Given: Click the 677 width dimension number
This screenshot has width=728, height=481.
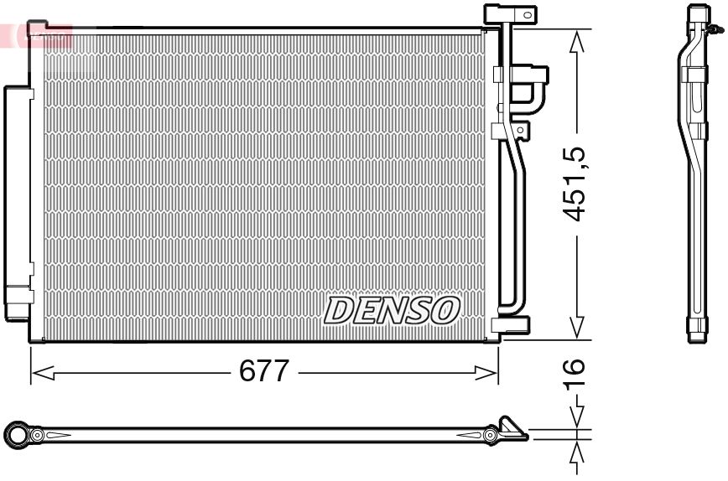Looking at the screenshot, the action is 263,370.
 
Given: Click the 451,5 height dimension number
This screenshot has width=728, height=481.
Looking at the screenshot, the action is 574,184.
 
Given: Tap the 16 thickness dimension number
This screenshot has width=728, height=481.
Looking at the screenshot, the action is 574,374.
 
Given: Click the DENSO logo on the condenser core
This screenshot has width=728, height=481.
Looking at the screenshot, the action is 392,310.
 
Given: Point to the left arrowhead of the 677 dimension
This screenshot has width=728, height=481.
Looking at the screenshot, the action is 43,372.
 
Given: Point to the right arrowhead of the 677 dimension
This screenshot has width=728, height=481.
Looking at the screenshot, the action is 486,372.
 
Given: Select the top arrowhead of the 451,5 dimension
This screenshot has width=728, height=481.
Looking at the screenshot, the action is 577,41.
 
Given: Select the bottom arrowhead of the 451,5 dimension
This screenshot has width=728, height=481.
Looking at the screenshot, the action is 577,328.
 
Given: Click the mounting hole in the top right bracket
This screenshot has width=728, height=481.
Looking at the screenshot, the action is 527,15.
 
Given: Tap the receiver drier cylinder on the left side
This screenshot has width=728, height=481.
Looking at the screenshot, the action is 17,203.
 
